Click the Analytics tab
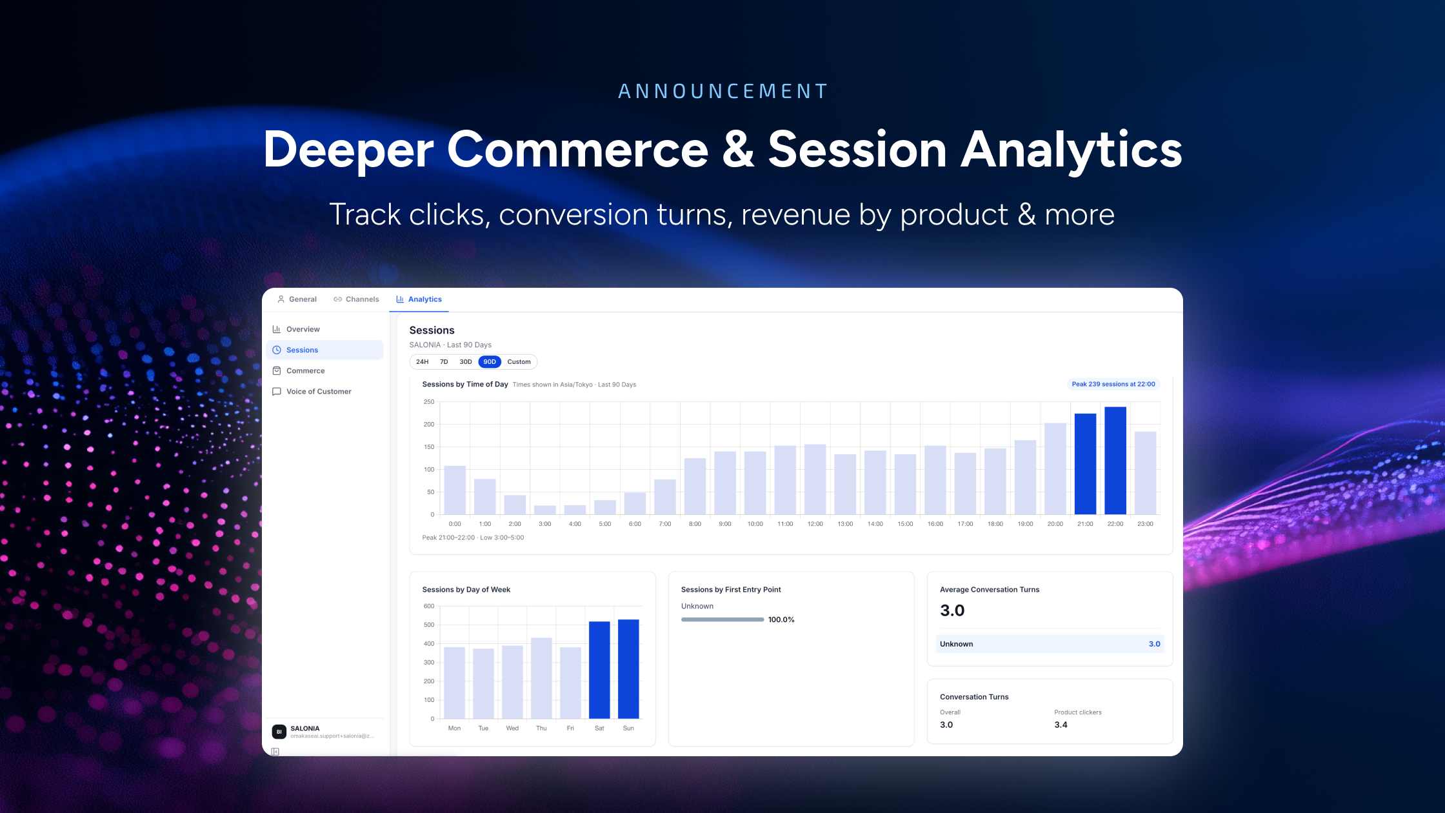click(x=419, y=299)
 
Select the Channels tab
click(x=356, y=299)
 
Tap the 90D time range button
click(x=490, y=362)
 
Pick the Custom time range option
click(x=519, y=362)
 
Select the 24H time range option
click(x=422, y=362)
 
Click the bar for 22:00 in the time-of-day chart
click(x=1115, y=461)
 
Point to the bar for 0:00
click(x=455, y=490)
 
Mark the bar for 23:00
click(x=1145, y=473)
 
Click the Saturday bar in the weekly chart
click(x=599, y=670)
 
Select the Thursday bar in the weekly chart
click(x=541, y=678)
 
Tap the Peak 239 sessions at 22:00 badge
click(x=1113, y=384)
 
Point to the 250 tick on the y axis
click(x=429, y=402)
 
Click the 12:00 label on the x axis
click(x=815, y=524)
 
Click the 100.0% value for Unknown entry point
click(x=781, y=619)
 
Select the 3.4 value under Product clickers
click(x=1061, y=725)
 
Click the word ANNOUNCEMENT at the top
click(x=722, y=92)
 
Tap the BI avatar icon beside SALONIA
click(x=279, y=732)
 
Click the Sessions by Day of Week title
click(x=466, y=590)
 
